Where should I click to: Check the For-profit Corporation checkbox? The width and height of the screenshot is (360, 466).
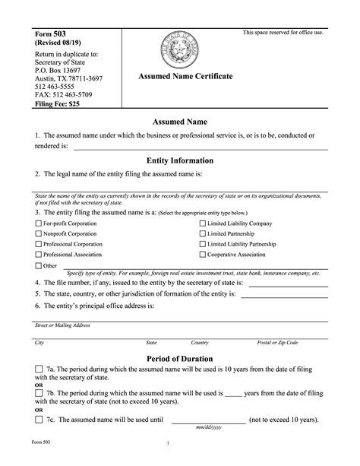click(x=39, y=224)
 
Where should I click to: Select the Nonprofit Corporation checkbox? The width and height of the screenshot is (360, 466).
click(x=39, y=235)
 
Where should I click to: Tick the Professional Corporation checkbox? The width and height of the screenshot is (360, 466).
click(x=39, y=246)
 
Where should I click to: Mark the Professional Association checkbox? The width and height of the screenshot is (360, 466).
click(x=39, y=256)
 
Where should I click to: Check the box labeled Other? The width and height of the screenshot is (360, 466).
click(x=39, y=266)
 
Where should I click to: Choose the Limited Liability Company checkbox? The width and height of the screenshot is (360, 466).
click(x=202, y=224)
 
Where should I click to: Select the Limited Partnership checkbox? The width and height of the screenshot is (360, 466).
click(x=202, y=235)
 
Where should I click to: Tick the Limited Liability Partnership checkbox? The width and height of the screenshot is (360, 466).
click(x=202, y=246)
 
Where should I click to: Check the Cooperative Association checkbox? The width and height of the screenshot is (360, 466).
click(x=202, y=256)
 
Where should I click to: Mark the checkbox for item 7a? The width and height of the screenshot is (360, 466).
click(x=39, y=369)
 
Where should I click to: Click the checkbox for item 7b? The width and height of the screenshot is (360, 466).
click(x=39, y=395)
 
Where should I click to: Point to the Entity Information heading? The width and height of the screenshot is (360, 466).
click(x=179, y=161)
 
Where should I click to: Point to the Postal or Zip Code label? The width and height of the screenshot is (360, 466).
click(x=278, y=343)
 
